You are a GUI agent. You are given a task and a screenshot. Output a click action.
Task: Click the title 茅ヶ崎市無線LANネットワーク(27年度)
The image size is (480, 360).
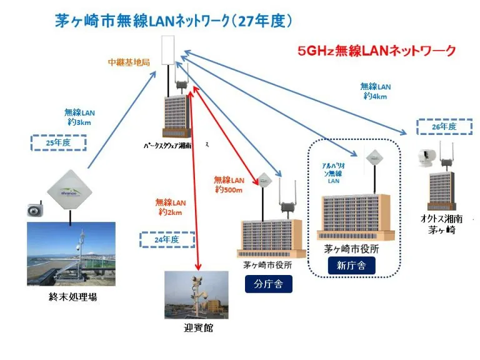coord(174,21)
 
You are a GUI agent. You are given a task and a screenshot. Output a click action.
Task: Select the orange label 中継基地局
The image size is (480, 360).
coord(129,62)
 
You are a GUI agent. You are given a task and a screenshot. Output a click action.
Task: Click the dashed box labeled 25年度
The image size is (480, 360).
coord(57,142)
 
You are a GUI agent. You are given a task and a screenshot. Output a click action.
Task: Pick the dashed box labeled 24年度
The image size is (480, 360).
coord(166,240)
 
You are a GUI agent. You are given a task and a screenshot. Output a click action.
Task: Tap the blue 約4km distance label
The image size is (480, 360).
coord(375,91)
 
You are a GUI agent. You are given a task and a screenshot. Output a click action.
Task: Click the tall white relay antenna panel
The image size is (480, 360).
coord(167,51)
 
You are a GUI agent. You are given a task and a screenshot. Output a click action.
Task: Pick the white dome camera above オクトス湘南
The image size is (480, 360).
coord(427,157)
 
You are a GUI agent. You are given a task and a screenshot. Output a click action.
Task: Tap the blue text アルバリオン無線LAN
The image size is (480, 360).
coord(333,172)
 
